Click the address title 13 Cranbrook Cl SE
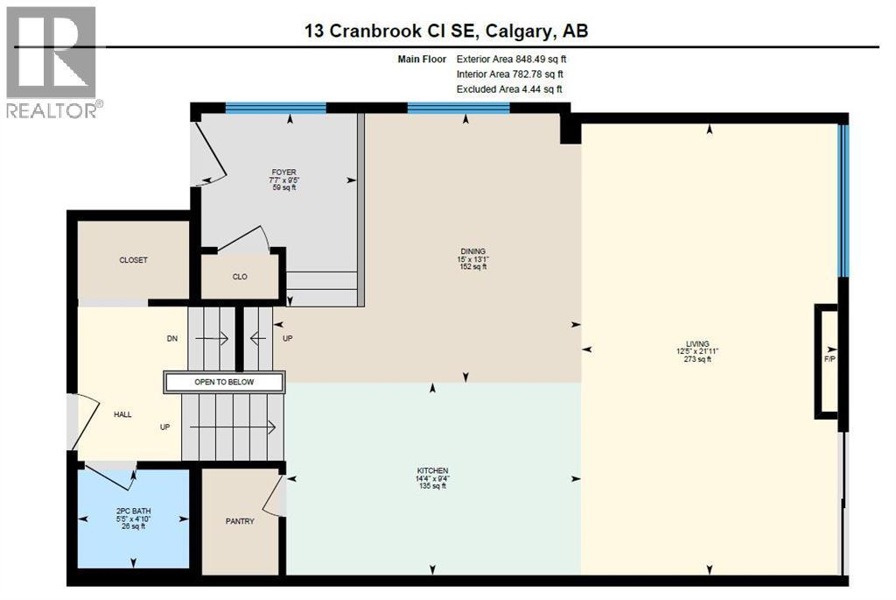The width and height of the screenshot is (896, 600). tap(445, 31)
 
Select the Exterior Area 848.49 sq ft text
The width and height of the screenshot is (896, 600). tap(517, 60)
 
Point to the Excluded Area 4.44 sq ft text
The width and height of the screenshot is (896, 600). tap(509, 89)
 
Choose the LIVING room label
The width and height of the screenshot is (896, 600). tap(697, 343)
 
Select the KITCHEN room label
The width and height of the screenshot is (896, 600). tap(432, 470)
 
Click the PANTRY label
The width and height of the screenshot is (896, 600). tap(240, 521)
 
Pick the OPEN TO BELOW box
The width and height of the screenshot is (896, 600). tap(224, 382)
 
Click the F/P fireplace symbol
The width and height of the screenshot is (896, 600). tap(829, 359)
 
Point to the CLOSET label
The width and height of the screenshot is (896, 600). tap(134, 260)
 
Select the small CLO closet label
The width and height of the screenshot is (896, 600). tap(240, 277)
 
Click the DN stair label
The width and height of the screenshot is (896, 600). tap(172, 338)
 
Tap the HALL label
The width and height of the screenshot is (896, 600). tap(122, 414)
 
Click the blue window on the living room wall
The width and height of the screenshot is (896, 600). tap(843, 201)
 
